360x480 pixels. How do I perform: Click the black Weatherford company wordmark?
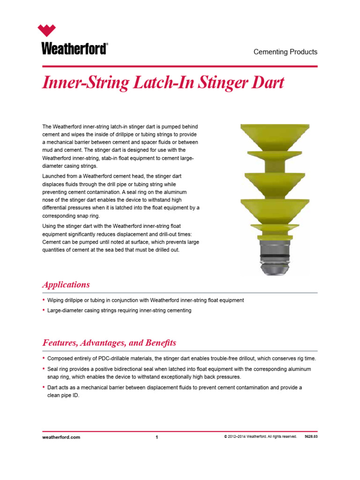[75, 49]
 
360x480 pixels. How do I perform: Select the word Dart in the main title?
[267, 83]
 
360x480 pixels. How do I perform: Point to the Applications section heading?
[66, 285]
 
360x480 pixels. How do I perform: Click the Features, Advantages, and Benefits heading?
[109, 343]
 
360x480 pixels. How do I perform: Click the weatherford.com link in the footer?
[61, 437]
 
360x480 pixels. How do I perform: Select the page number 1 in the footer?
[157, 437]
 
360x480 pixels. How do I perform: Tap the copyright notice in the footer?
[260, 437]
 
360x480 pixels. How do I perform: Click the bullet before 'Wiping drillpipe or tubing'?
[44, 300]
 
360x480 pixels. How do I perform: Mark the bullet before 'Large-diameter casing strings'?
[44, 310]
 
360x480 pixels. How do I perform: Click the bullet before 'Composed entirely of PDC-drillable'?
[44, 358]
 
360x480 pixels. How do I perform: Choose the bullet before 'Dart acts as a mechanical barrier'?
[44, 388]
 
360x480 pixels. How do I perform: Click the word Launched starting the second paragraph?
[55, 176]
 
